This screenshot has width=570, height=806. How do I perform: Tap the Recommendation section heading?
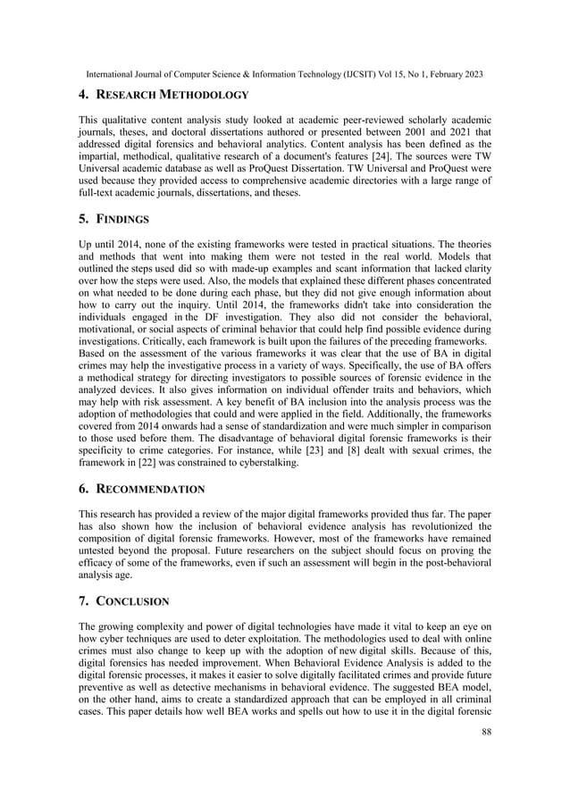153,489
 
